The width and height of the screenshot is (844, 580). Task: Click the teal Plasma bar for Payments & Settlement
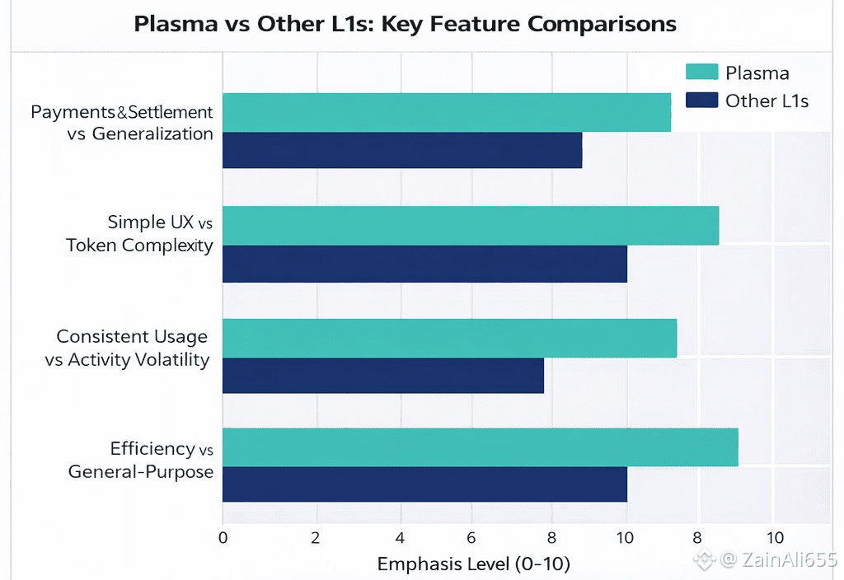pos(446,112)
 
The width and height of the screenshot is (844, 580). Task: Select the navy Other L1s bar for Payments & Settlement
pos(402,150)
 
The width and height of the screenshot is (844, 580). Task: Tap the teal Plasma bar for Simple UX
pos(470,225)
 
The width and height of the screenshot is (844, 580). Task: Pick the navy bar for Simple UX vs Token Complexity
pos(424,264)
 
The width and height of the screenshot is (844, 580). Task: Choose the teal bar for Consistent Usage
pos(449,338)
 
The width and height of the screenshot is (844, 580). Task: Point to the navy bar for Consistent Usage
pos(383,376)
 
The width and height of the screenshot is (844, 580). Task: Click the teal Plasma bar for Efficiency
pos(480,447)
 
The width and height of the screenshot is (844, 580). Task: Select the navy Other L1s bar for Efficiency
pos(424,484)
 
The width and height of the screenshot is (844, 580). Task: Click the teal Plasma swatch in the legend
pos(701,72)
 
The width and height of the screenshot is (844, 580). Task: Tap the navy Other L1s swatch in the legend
pos(701,101)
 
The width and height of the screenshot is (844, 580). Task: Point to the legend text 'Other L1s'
pos(767,101)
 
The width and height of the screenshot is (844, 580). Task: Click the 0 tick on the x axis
pos(223,538)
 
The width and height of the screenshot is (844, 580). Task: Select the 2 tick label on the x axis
pos(315,538)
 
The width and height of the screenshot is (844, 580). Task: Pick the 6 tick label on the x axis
pos(471,538)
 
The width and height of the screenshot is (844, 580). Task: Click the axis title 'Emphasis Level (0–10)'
pos(473,564)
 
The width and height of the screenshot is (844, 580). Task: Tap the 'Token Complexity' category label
pos(139,245)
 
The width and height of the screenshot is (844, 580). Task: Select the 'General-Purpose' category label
pos(141,472)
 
